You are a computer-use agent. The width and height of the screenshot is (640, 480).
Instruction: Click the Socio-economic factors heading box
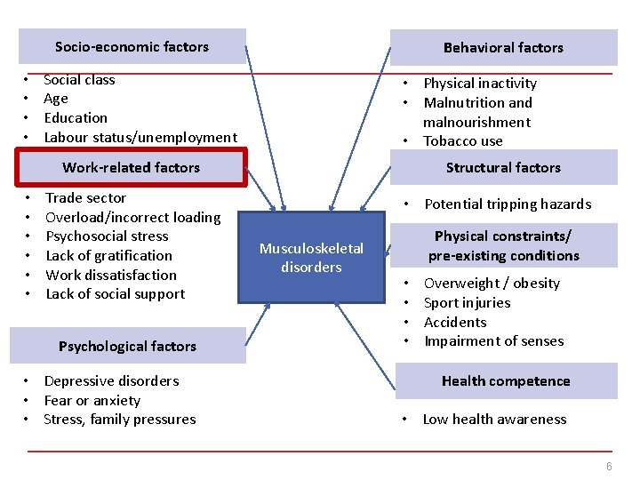coord(132,46)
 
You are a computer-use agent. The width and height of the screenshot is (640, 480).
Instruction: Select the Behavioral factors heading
coord(503,47)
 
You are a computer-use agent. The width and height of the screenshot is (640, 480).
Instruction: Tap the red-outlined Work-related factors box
coord(132,167)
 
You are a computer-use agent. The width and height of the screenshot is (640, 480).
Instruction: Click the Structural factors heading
coord(503,167)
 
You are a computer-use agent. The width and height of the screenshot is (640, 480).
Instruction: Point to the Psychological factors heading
coord(127,346)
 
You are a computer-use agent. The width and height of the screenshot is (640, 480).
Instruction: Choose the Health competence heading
coord(506,380)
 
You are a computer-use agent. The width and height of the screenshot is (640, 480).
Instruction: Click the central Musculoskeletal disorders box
coord(311,258)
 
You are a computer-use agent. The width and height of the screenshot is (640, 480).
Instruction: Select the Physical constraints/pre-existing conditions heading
coord(503,245)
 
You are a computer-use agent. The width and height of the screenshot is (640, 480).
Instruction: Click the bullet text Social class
coord(79,80)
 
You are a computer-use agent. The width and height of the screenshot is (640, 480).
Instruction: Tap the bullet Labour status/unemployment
coord(140,137)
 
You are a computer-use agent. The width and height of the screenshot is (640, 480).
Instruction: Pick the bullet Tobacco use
coord(463,141)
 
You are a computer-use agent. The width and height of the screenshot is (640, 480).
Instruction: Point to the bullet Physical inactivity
coord(480,84)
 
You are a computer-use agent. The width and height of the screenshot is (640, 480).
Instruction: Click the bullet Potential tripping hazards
coord(508,204)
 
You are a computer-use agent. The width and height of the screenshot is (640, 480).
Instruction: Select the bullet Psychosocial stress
coord(107,236)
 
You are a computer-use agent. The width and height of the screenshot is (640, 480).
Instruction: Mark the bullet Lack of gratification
coord(108,256)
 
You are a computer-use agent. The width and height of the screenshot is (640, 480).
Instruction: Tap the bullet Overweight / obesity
coord(492,284)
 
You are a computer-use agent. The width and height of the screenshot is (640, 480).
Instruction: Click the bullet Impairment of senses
coord(493,341)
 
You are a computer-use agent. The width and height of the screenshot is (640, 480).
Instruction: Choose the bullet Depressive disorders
coord(111,381)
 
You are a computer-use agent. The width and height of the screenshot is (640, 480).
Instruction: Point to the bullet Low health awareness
coord(494,420)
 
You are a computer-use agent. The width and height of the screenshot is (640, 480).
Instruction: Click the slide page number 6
coord(609,468)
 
